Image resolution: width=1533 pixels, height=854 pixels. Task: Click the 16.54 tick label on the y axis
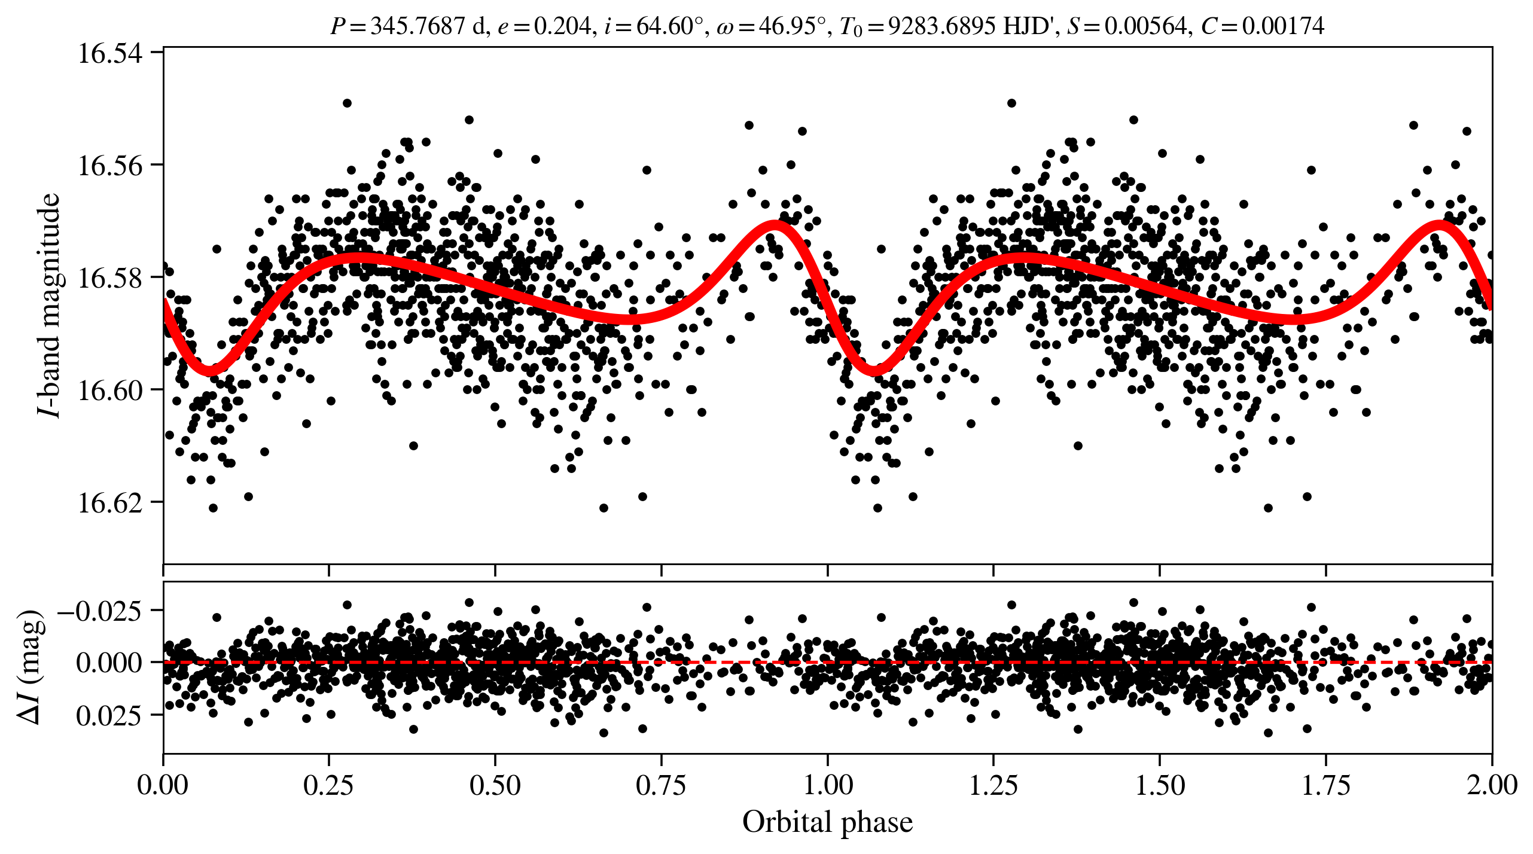click(x=111, y=53)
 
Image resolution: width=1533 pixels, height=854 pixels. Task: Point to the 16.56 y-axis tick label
click(x=111, y=166)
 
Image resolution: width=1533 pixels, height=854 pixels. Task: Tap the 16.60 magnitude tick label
click(x=111, y=391)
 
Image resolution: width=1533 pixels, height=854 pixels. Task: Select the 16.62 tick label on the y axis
click(x=111, y=503)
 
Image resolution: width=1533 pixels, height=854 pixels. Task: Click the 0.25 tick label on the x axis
click(x=329, y=785)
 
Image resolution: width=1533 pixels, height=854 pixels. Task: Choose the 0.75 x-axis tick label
click(x=661, y=785)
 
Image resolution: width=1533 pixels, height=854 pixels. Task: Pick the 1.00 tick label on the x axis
click(x=827, y=785)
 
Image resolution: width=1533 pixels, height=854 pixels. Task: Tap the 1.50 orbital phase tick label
click(x=1160, y=785)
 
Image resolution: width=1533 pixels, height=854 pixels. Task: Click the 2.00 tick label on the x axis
click(x=1492, y=785)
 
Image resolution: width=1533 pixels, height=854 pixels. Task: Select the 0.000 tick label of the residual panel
click(x=109, y=663)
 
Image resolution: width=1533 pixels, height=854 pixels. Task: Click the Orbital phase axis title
click(x=827, y=822)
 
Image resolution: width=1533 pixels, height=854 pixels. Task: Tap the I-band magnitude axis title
click(x=49, y=305)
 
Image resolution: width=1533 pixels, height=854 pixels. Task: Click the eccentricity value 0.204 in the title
click(x=562, y=26)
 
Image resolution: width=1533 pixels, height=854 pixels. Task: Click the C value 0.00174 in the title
click(x=1283, y=26)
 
